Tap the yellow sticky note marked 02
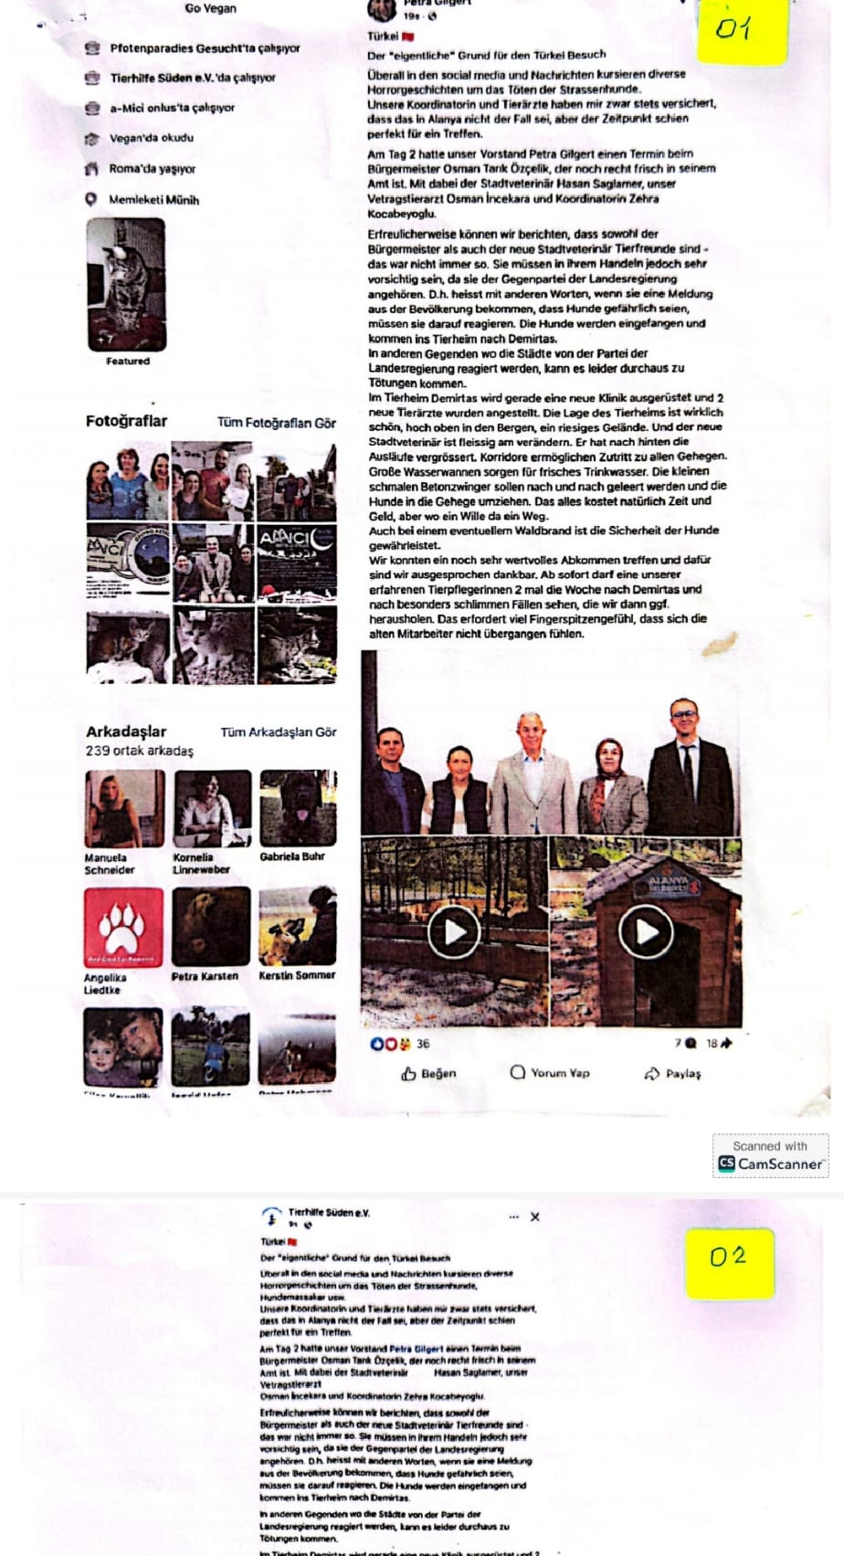[x=728, y=1262]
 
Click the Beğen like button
[x=428, y=1074]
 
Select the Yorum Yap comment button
[x=550, y=1073]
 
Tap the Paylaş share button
[x=673, y=1074]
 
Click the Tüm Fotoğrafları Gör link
[x=276, y=423]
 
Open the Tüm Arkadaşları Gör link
[x=279, y=732]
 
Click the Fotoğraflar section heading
[x=126, y=421]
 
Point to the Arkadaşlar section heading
[x=126, y=731]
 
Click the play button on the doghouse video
[x=646, y=931]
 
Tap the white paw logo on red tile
[x=123, y=928]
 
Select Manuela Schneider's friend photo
[x=125, y=808]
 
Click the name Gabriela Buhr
[x=292, y=857]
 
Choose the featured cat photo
[x=127, y=284]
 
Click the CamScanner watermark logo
[x=770, y=1163]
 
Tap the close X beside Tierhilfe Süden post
[x=535, y=1217]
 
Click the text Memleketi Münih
[x=153, y=200]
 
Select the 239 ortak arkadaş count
[x=140, y=751]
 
